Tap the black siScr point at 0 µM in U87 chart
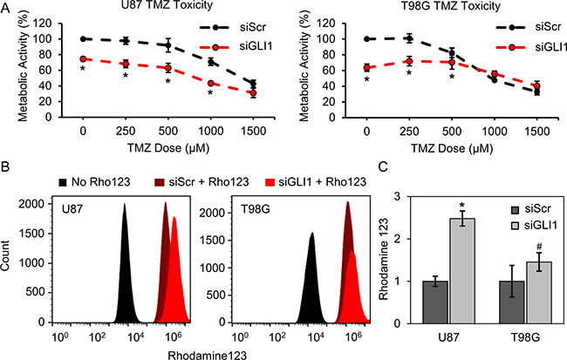(83, 39)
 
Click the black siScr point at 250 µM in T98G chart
(408, 38)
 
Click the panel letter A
(7, 7)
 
